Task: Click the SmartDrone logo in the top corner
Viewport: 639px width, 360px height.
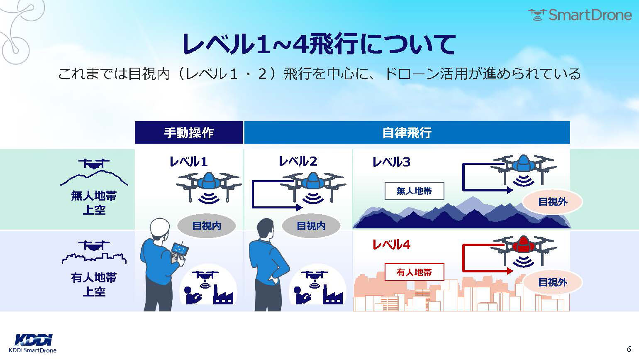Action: (580, 15)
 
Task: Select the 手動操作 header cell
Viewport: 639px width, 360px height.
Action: (188, 132)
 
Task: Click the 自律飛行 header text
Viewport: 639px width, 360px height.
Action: (407, 133)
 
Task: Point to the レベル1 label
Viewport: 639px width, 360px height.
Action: (188, 162)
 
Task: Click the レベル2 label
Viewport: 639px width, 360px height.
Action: (298, 161)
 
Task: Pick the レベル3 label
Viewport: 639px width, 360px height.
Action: (391, 162)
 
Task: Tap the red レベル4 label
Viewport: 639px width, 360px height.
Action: (391, 245)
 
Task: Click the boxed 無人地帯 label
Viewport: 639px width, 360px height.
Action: (414, 191)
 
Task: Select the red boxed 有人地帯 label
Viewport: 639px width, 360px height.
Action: (414, 272)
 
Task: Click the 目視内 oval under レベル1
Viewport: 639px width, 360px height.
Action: (207, 226)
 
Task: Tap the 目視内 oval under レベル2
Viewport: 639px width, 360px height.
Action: (311, 226)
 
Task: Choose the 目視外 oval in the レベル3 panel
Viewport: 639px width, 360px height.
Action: (553, 202)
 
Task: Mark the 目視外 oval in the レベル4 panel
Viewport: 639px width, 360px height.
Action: (553, 282)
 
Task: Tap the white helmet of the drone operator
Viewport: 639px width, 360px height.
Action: (159, 228)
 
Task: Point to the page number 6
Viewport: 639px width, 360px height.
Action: (629, 349)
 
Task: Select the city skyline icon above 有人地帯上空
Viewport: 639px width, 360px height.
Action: (94, 258)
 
